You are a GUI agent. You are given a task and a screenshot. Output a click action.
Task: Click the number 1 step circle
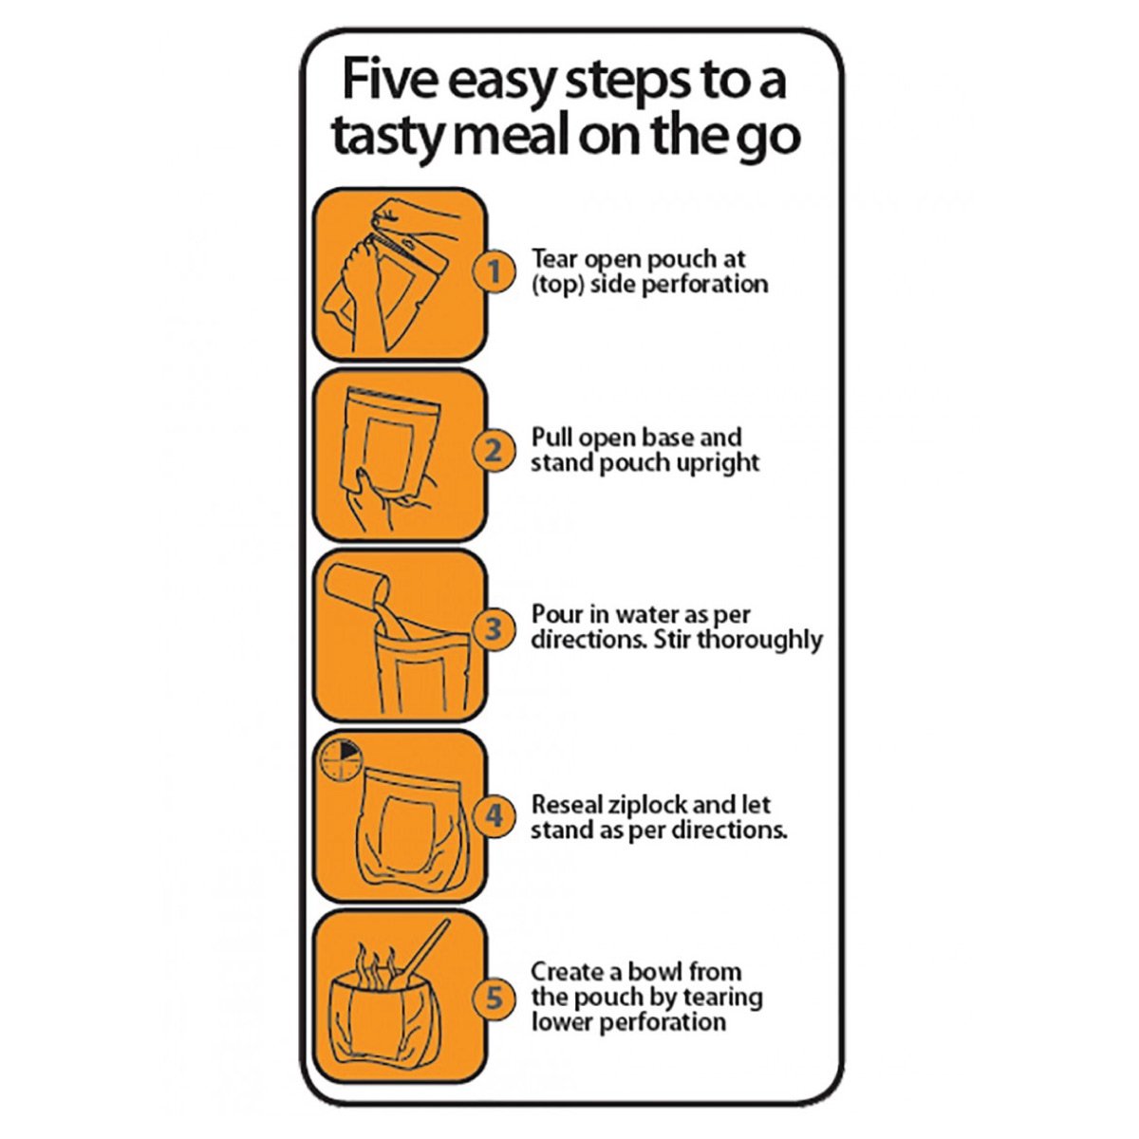(495, 271)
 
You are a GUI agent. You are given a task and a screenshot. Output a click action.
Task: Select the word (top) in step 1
(553, 286)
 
